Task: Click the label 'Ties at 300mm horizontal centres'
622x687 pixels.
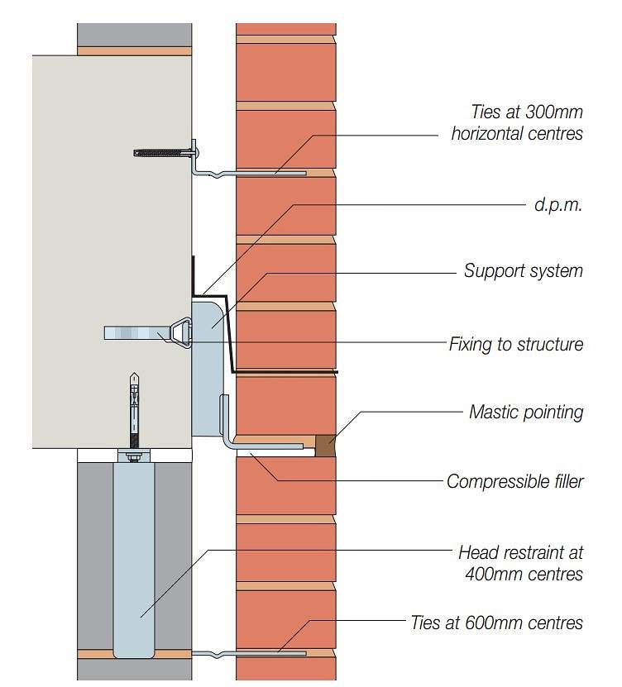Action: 516,122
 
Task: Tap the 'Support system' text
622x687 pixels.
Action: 523,271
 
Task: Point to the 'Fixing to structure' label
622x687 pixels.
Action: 515,344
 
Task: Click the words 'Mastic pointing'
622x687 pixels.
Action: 526,411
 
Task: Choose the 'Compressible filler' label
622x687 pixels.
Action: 514,481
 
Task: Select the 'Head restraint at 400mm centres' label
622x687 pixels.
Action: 520,562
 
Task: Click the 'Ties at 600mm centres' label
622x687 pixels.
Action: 496,623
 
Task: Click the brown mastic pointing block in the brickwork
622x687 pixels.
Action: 326,446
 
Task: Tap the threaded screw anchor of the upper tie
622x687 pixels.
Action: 161,152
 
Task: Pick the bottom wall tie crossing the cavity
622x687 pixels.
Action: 248,653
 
